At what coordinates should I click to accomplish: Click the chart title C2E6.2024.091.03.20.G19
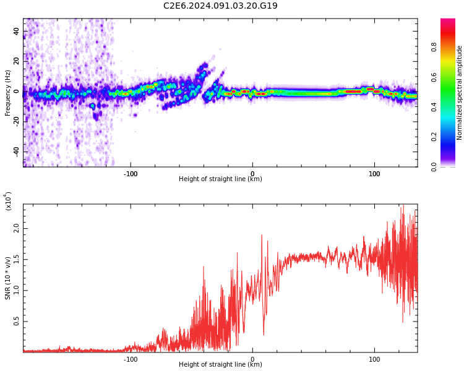tap(220, 6)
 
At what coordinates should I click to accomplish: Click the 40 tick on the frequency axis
tap(16, 31)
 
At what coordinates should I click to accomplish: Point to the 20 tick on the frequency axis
tap(16, 61)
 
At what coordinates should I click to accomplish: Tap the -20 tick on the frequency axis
tap(16, 121)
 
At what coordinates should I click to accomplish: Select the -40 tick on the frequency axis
tap(16, 151)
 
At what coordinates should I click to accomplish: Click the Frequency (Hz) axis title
tap(8, 93)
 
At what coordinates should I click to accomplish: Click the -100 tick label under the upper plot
tap(131, 174)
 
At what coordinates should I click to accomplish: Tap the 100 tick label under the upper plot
tap(374, 174)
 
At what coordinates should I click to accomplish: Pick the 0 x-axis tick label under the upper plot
tap(252, 174)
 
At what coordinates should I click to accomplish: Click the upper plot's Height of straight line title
tap(220, 179)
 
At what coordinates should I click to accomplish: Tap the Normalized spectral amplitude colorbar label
tap(460, 93)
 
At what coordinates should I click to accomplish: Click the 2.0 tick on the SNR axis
tap(16, 229)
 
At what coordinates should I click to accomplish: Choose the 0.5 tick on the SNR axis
tap(16, 322)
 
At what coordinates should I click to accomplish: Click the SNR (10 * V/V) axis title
tap(8, 278)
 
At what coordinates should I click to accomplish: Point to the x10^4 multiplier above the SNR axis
tap(9, 201)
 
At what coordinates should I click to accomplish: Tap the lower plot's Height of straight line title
tap(220, 365)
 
